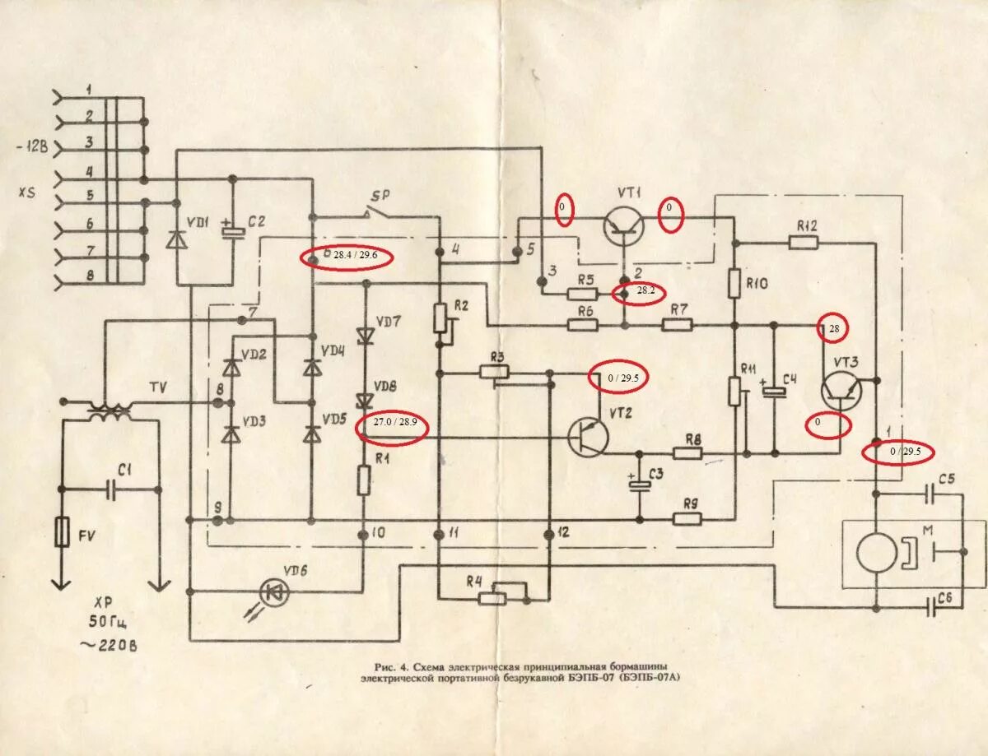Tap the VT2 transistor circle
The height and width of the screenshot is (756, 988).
588,435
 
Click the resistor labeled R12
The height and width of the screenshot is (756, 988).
803,242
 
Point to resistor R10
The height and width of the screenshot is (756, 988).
734,285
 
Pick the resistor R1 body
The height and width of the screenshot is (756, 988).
363,480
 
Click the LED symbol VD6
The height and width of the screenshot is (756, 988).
273,590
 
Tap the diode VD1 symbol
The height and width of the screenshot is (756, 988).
176,238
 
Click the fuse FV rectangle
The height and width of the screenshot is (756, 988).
60,532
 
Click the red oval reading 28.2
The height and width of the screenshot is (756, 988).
638,291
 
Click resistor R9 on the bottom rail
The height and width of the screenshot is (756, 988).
688,518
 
